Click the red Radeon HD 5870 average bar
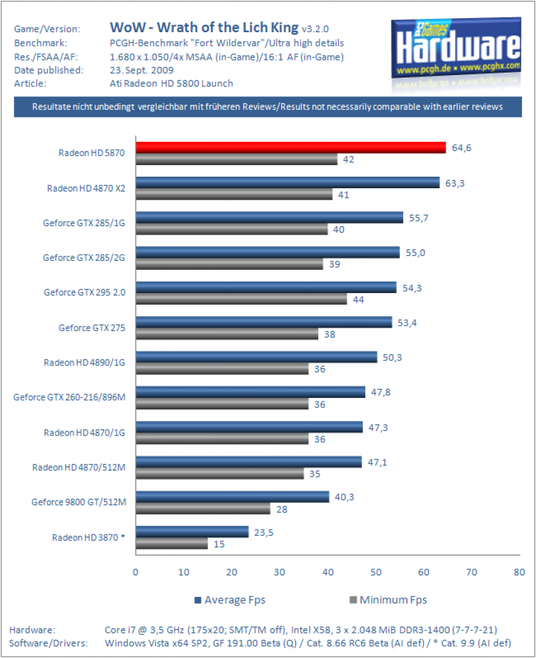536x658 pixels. point(291,148)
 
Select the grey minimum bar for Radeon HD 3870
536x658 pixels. point(172,544)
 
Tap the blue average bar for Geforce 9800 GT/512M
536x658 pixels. point(232,497)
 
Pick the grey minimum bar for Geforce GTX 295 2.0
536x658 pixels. point(241,299)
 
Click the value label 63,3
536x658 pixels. point(454,183)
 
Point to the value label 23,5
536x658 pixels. point(264,533)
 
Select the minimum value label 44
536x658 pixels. point(358,299)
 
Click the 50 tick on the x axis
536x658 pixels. point(376,572)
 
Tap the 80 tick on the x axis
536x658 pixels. point(519,572)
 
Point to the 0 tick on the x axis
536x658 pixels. point(135,572)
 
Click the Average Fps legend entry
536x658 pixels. point(230,600)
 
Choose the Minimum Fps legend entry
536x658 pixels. point(388,600)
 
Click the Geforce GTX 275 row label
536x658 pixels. point(92,328)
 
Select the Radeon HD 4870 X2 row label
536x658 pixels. point(86,188)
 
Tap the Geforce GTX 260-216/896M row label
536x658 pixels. point(69,397)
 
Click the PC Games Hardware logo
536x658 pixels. point(456,50)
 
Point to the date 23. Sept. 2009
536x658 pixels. point(142,70)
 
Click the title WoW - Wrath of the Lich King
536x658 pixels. point(204,28)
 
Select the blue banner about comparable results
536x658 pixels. point(268,107)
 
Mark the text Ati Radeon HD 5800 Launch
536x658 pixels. point(171,84)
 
